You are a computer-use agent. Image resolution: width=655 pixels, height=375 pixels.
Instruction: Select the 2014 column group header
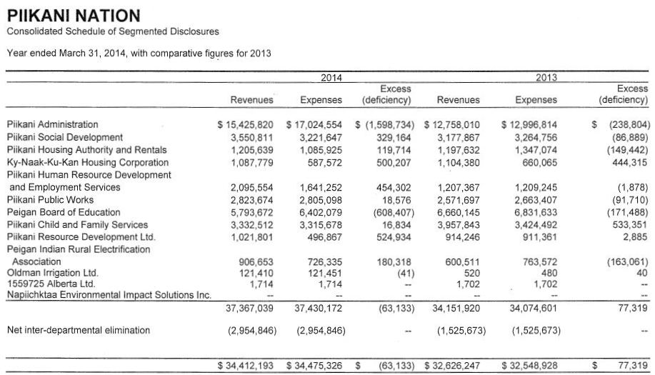coord(331,77)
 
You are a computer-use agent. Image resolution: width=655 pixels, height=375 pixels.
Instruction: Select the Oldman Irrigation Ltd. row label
coord(52,273)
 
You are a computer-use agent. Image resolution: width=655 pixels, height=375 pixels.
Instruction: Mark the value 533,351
coord(629,225)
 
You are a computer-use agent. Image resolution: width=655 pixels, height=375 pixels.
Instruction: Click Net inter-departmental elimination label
coord(79,330)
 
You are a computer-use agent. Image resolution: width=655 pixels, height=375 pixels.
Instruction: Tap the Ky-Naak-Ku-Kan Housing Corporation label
coord(88,162)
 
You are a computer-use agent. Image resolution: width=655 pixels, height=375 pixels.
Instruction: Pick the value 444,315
coord(629,162)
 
